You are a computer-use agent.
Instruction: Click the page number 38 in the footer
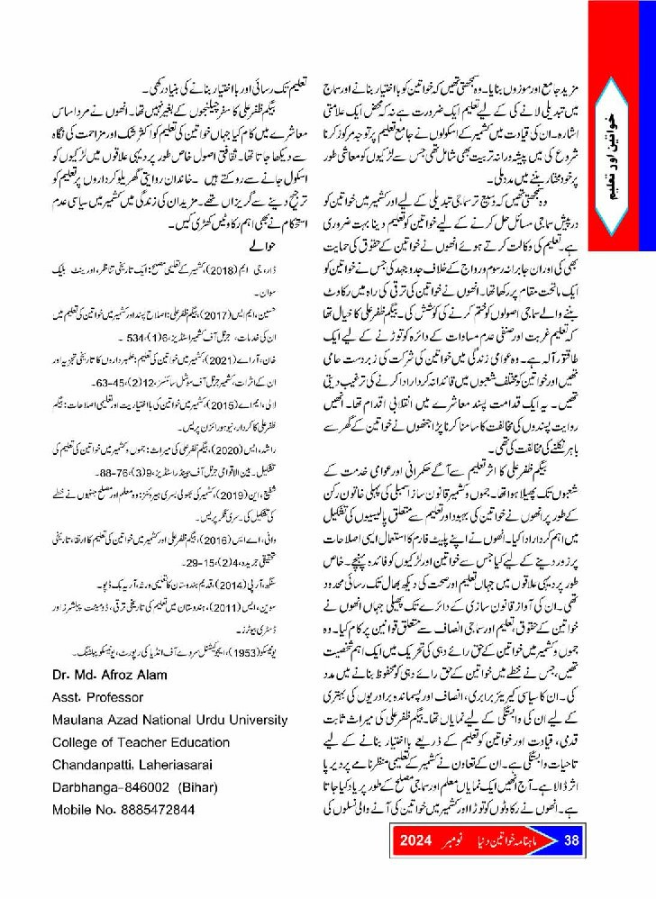click(571, 841)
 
